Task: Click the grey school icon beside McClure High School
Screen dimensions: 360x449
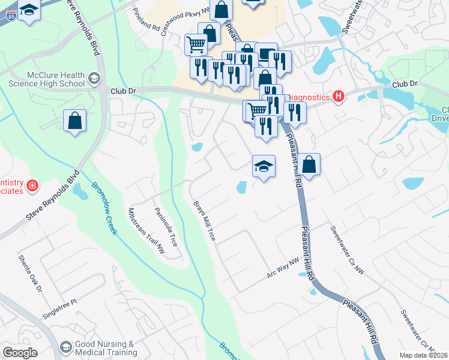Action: [94, 78]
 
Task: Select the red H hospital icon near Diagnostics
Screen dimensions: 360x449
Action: [339, 97]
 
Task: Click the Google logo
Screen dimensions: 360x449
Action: [19, 353]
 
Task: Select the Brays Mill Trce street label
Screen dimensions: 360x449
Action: [204, 220]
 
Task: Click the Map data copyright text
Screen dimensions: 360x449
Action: [423, 355]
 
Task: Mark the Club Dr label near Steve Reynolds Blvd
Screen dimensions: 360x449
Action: [123, 91]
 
